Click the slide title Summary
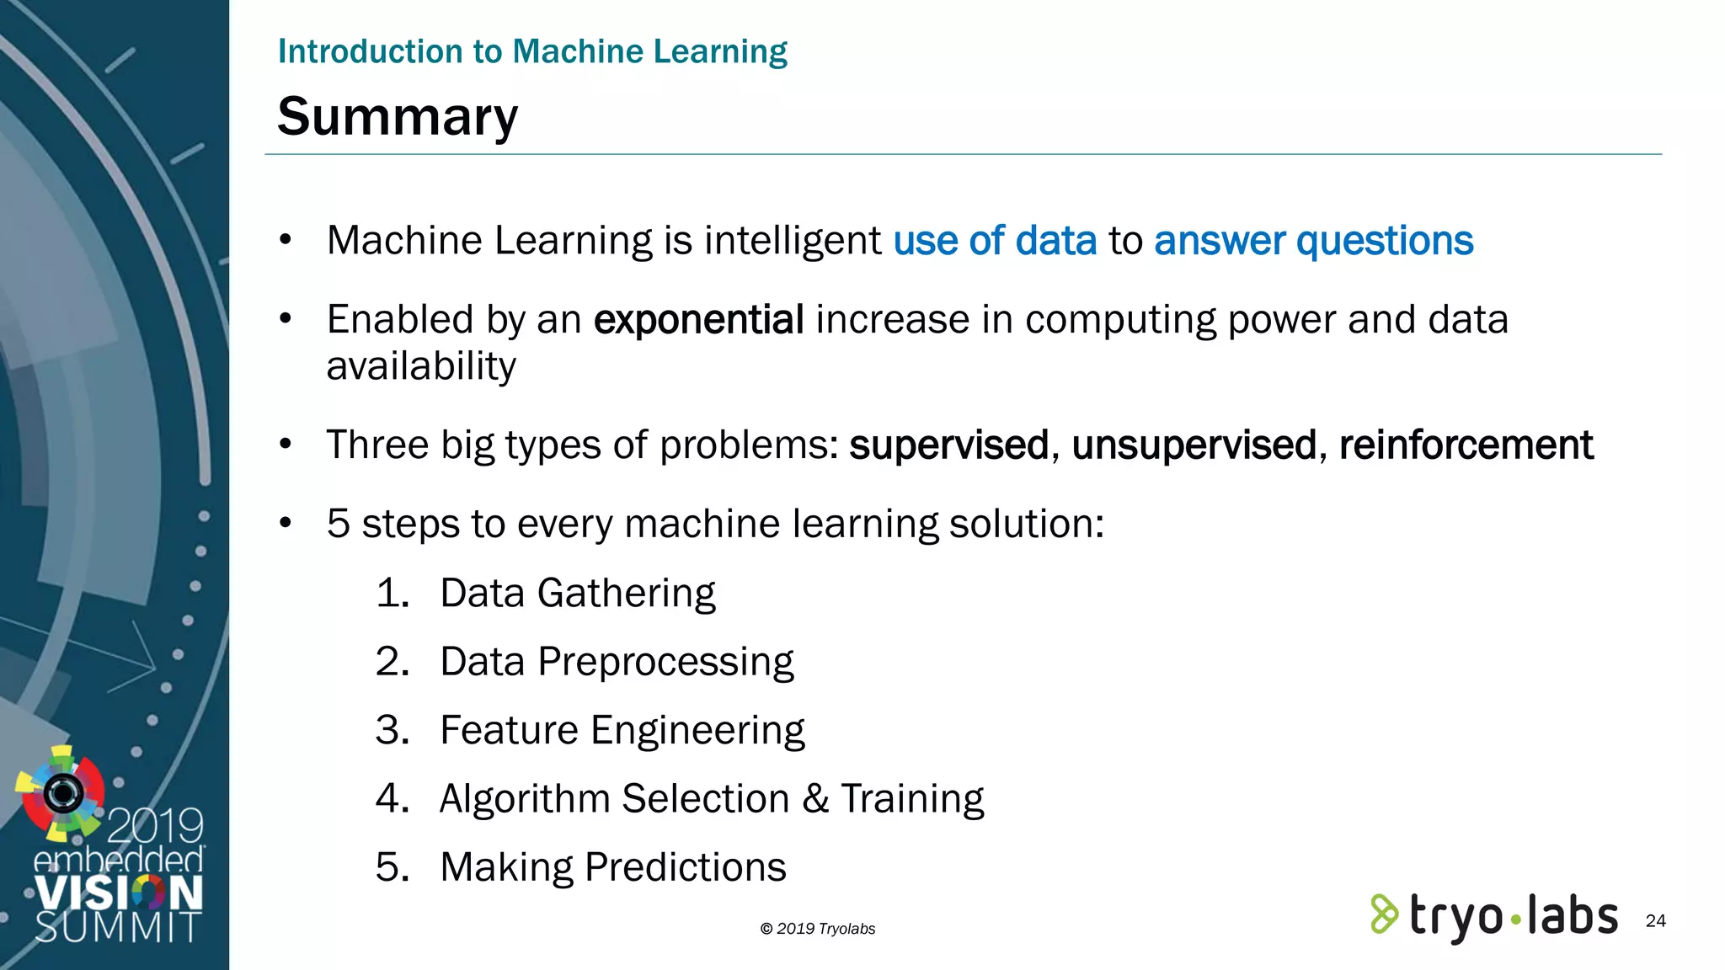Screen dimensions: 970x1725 pos(398,116)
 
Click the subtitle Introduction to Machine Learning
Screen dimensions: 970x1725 pos(532,51)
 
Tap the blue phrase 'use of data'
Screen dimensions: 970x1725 pos(995,241)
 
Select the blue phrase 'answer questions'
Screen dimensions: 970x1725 pos(1313,241)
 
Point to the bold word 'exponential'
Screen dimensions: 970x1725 pos(698,320)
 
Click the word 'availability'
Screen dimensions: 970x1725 pos(421,366)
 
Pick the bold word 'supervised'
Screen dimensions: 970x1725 pos(948,445)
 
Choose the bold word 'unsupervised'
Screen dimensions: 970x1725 pos(1194,445)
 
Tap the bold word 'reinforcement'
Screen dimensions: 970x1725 pos(1466,445)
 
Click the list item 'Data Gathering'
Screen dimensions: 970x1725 pos(577,593)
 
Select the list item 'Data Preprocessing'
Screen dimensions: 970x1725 pos(617,662)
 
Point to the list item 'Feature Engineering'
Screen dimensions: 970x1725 pos(622,730)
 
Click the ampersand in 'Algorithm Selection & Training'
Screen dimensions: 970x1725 pos(815,798)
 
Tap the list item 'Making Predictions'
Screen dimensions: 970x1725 pos(612,867)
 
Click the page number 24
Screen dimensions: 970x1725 pos(1655,920)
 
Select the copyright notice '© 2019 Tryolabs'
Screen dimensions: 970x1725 pos(817,929)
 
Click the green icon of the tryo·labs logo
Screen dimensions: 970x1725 pos(1384,914)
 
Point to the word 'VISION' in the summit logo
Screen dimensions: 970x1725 pos(119,893)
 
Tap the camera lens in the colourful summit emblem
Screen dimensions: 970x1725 pos(63,792)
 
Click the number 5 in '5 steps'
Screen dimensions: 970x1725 pos(338,524)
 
